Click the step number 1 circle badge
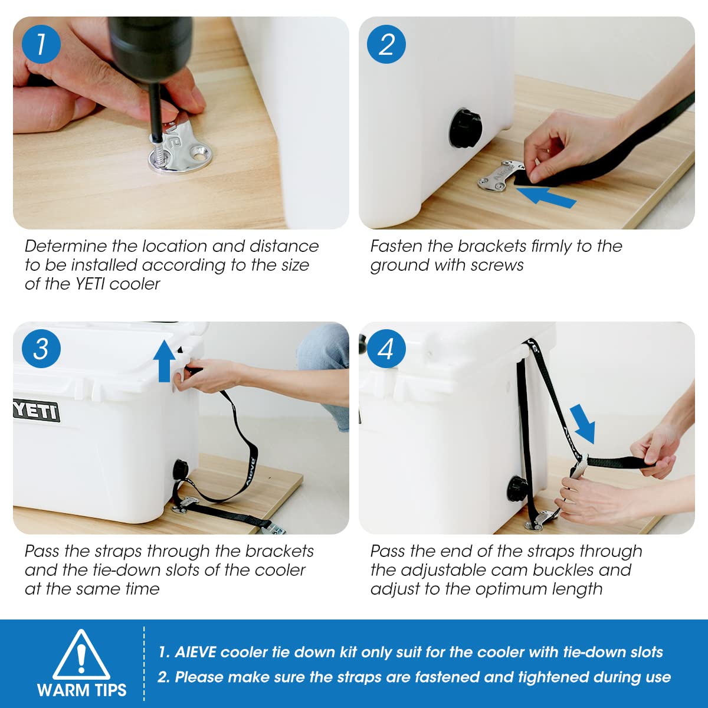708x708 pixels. click(x=41, y=44)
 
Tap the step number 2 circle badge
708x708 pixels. click(x=386, y=44)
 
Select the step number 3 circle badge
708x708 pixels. click(x=41, y=348)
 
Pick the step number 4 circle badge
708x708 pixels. click(x=386, y=348)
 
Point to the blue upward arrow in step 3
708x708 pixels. click(x=165, y=360)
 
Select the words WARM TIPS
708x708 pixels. click(x=81, y=690)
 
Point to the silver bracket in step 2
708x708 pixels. click(x=500, y=176)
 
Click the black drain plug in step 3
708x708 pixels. click(x=180, y=470)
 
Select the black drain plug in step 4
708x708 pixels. click(x=517, y=489)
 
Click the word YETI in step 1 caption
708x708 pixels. click(x=91, y=284)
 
